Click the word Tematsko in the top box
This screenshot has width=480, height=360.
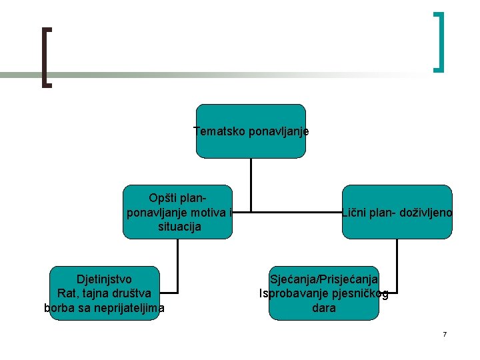click(x=219, y=131)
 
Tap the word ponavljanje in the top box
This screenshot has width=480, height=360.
click(x=278, y=131)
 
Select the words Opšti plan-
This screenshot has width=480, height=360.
click(x=177, y=199)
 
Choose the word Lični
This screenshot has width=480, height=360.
click(x=355, y=213)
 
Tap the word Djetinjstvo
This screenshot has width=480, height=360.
click(x=104, y=279)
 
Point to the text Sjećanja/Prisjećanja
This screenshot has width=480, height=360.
click(x=323, y=279)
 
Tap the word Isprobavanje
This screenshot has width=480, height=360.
click(x=294, y=293)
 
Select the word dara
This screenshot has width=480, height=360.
click(x=323, y=308)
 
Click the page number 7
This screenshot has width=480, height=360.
click(x=445, y=334)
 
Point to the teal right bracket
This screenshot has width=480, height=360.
click(x=439, y=41)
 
